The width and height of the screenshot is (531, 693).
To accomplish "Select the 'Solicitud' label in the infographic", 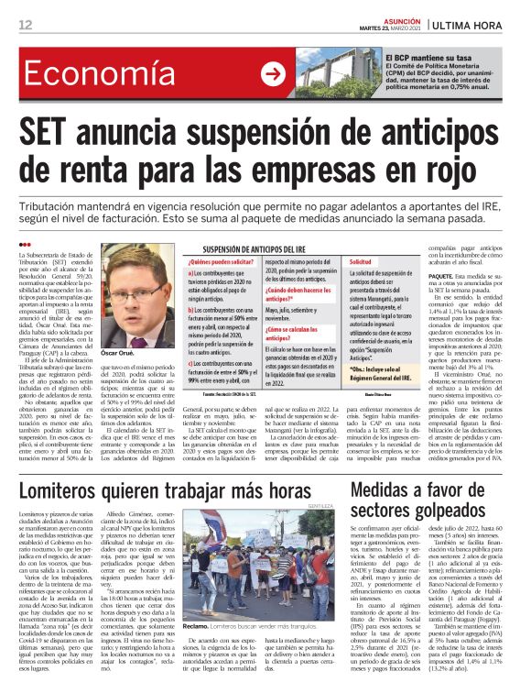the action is (364, 262).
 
